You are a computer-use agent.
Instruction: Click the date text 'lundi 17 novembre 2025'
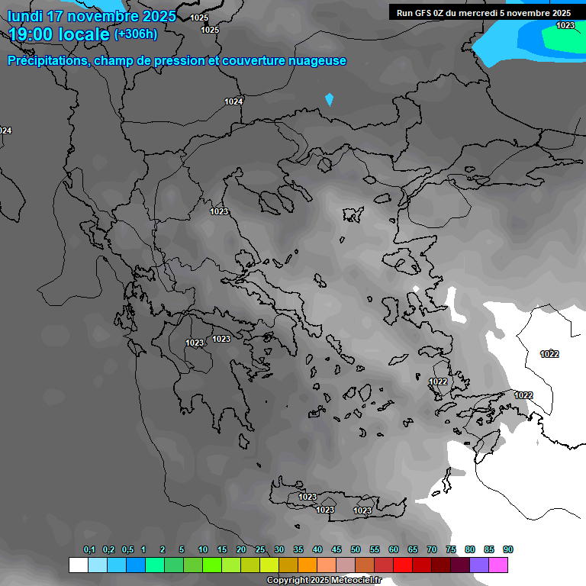(x=92, y=16)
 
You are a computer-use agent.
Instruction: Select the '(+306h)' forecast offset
(x=136, y=34)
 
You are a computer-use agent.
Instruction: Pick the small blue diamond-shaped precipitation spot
(x=330, y=99)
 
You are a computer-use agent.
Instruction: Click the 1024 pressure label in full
(x=233, y=101)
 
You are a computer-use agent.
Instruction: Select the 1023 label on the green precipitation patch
(x=565, y=25)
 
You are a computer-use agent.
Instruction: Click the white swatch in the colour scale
(x=78, y=565)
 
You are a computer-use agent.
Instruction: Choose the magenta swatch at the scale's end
(x=499, y=565)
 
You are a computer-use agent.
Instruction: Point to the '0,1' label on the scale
(x=89, y=550)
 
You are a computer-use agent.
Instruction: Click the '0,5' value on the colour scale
(x=127, y=550)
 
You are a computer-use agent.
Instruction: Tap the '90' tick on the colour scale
(x=508, y=550)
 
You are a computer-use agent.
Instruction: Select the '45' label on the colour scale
(x=336, y=550)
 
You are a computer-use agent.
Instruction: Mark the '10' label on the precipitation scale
(x=202, y=550)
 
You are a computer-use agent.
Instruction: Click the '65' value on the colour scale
(x=413, y=550)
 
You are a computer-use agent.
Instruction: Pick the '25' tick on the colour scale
(x=260, y=550)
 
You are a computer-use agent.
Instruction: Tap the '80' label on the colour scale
(x=470, y=550)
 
